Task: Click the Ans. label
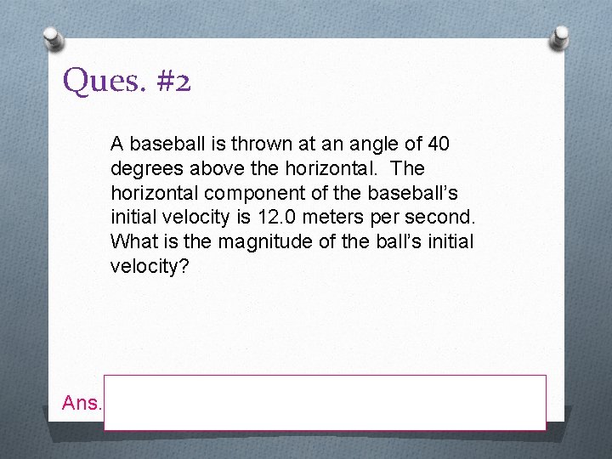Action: tap(82, 403)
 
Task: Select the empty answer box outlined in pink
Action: tap(325, 402)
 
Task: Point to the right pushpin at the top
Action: tap(560, 38)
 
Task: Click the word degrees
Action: tap(144, 167)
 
